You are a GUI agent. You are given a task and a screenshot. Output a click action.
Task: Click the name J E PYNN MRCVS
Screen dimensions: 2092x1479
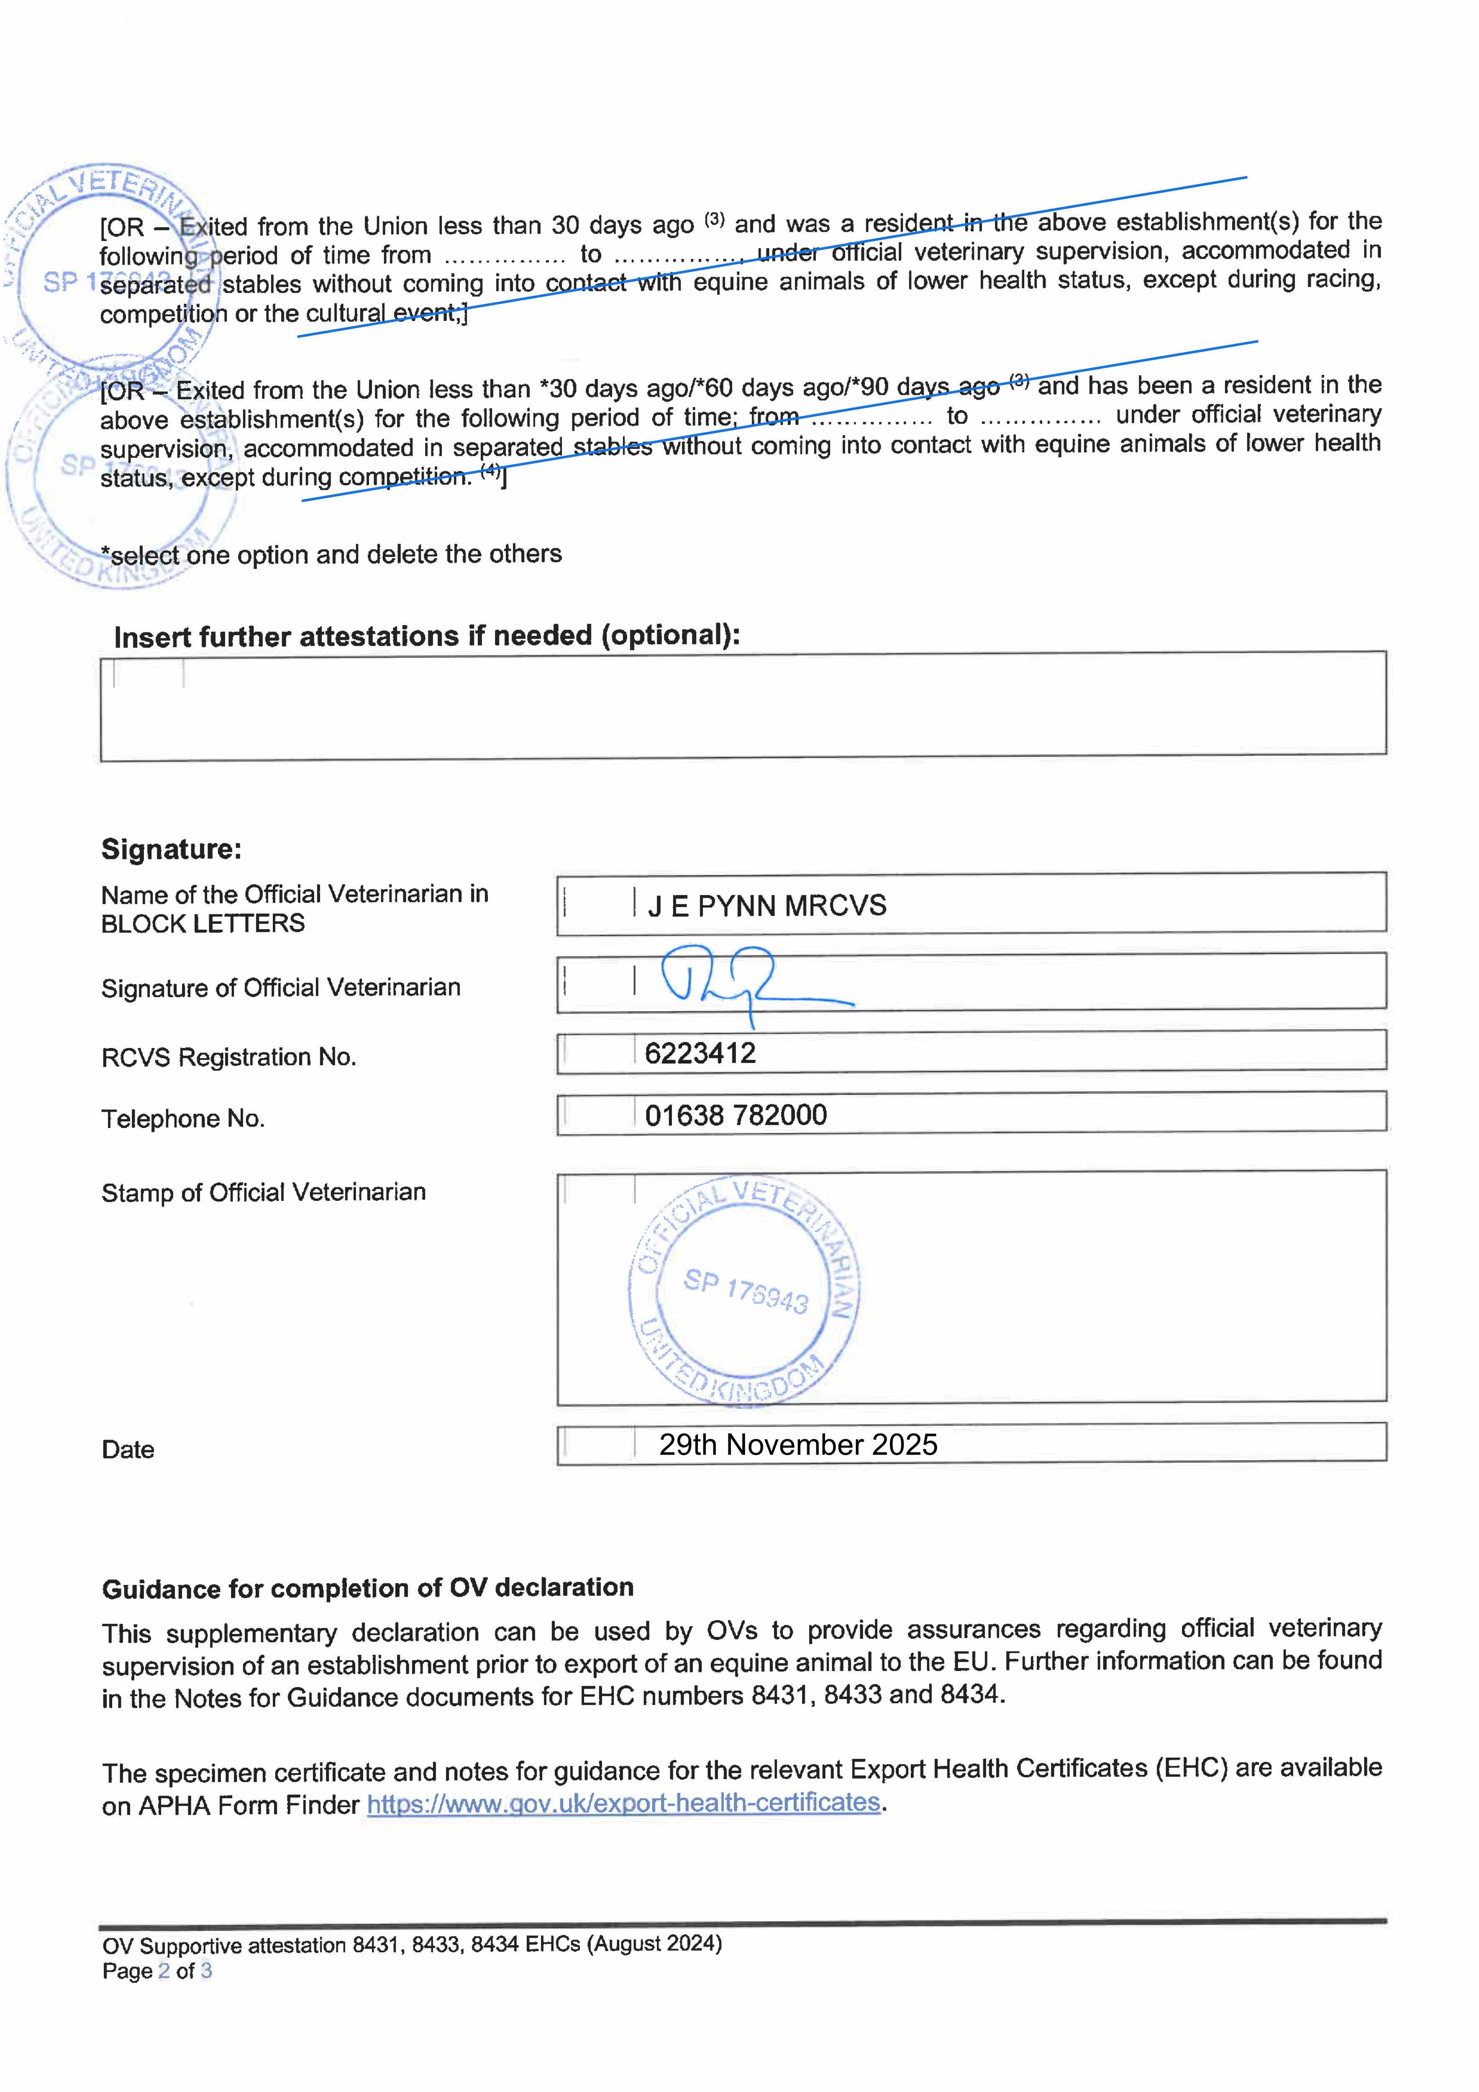766,906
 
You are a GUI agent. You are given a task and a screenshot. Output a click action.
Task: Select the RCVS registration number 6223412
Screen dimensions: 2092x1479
700,1053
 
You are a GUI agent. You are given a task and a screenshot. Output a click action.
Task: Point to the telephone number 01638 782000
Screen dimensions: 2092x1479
736,1115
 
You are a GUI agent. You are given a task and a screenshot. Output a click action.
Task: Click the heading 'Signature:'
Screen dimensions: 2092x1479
171,849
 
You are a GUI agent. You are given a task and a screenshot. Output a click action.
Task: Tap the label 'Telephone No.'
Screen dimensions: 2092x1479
182,1119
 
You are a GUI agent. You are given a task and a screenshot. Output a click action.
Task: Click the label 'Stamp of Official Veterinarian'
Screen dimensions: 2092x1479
263,1193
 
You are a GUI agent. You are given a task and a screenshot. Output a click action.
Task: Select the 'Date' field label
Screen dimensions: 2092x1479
128,1450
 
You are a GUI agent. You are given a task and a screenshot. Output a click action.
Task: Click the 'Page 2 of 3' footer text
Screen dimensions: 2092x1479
157,1972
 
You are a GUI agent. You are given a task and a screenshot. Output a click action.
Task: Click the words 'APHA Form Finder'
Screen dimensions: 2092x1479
249,1805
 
